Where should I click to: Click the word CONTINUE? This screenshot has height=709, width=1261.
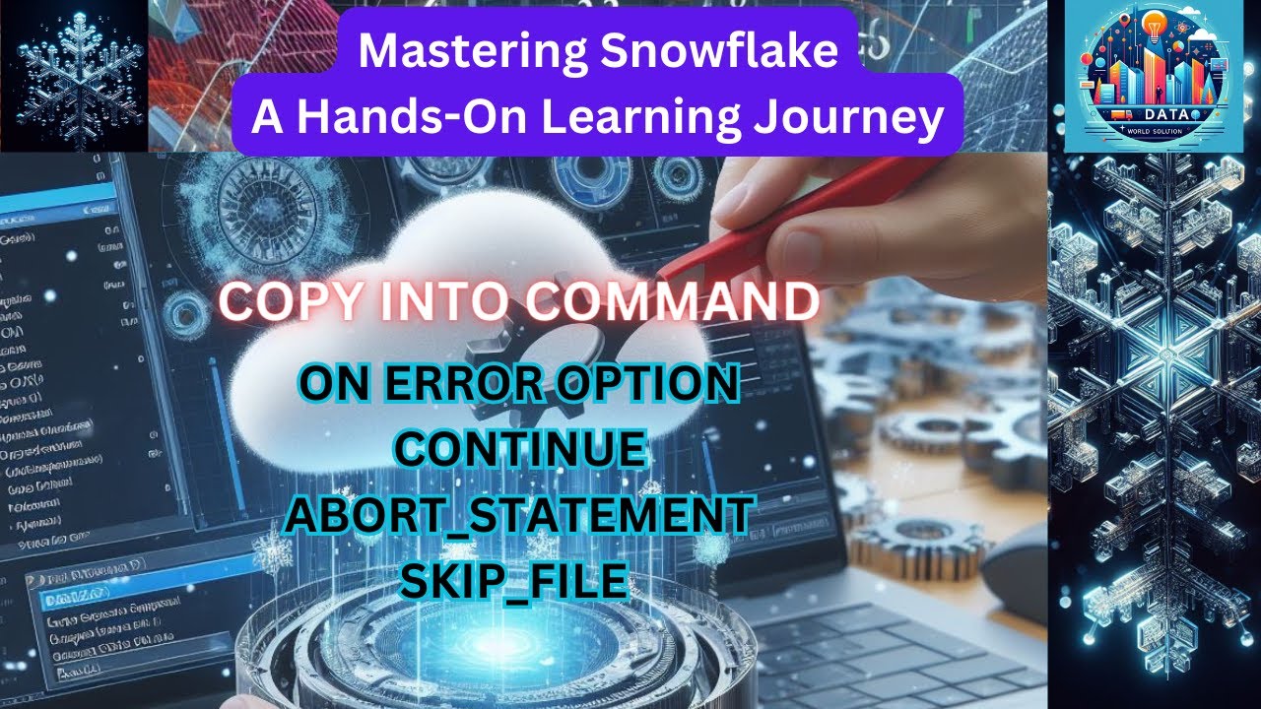click(x=520, y=450)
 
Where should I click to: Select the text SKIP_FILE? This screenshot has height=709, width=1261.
click(x=512, y=582)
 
